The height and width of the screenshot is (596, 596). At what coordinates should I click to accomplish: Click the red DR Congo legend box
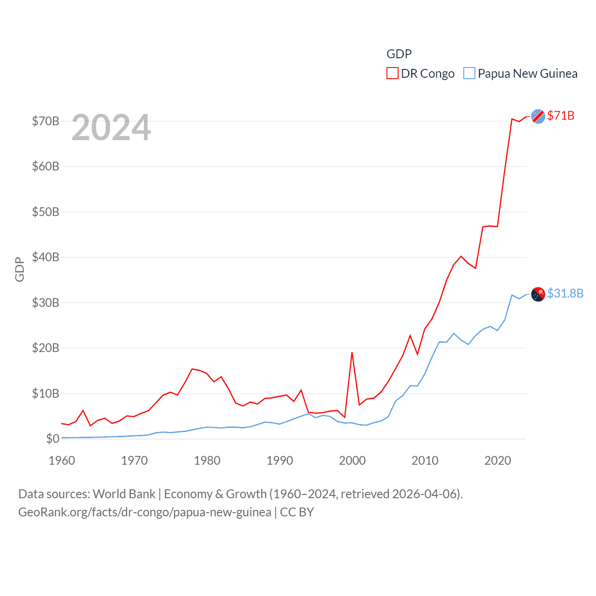click(393, 74)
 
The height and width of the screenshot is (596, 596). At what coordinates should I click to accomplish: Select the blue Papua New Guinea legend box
click(469, 74)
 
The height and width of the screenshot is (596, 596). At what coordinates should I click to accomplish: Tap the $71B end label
click(561, 115)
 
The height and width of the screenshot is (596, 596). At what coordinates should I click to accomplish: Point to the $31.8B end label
click(565, 293)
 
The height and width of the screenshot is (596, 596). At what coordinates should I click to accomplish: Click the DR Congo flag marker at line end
click(538, 116)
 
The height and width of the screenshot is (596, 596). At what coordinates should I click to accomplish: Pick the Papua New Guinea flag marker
click(538, 294)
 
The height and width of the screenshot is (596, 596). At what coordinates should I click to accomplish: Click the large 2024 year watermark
click(111, 128)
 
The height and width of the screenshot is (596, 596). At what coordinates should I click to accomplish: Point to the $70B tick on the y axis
click(46, 122)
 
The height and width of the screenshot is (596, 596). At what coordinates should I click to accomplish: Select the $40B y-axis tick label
click(46, 257)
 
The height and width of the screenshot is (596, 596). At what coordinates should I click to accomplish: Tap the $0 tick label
click(53, 439)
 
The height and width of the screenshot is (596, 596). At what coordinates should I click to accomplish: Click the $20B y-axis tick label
click(46, 348)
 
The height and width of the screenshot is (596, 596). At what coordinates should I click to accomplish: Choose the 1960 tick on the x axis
click(62, 461)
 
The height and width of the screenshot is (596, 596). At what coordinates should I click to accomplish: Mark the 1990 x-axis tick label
click(280, 461)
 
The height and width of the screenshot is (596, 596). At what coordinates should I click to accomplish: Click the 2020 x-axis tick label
click(498, 461)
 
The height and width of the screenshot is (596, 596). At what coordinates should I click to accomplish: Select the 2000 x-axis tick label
click(352, 461)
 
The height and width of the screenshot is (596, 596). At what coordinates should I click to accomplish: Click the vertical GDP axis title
click(20, 269)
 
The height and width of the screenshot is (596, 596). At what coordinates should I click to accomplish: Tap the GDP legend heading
click(399, 54)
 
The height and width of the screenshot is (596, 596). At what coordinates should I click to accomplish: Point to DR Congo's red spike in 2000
click(352, 353)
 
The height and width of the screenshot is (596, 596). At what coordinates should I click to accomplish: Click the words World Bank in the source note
click(124, 494)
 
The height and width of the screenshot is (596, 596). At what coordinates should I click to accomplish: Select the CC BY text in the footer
click(297, 512)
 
